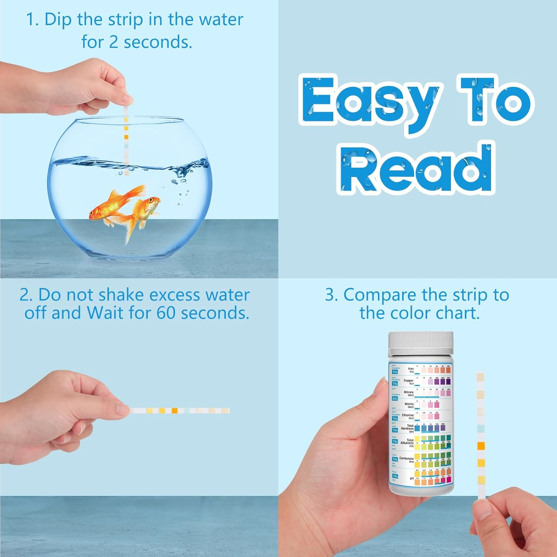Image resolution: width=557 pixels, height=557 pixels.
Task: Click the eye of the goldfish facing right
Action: coord(151,201)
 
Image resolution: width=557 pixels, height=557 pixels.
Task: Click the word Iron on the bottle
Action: coord(410,369)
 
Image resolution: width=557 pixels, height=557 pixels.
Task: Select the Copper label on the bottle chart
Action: coord(408,381)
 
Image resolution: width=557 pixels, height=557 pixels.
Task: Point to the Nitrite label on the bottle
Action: coord(409,404)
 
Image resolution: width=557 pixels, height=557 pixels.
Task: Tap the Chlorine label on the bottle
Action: coord(407,415)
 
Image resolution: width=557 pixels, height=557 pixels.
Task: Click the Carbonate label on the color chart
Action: coord(406,458)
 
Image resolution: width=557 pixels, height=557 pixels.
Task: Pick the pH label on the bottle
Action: coord(411,479)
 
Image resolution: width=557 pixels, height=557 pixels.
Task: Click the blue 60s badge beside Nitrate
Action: coord(395,398)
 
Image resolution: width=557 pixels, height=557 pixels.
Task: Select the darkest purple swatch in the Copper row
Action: coord(448,382)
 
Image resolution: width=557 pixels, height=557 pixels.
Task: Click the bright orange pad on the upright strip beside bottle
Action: coord(481,446)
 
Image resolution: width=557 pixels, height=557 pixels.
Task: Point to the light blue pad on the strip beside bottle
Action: coord(481,429)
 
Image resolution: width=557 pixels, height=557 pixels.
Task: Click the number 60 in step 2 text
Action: coord(165,313)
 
